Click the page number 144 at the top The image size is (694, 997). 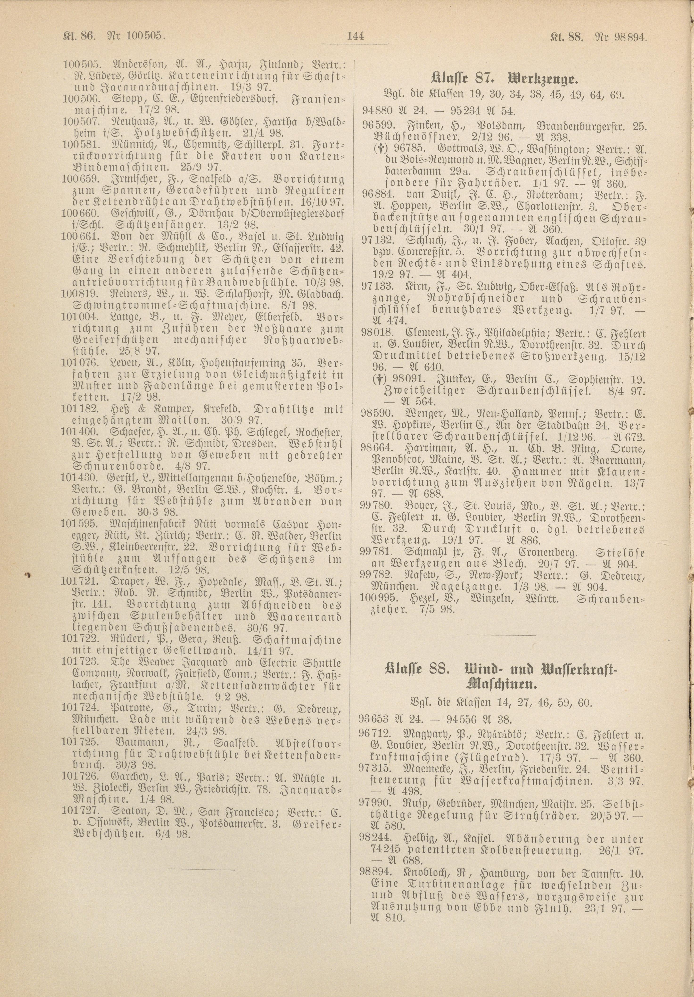click(x=355, y=37)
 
